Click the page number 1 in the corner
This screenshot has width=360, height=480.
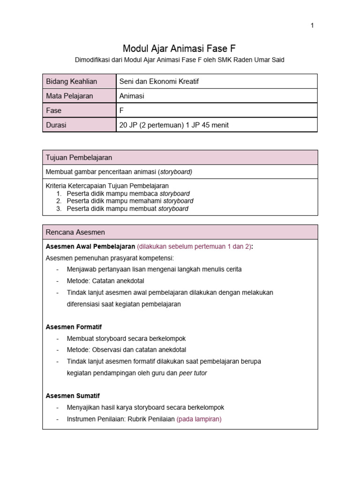[312, 26]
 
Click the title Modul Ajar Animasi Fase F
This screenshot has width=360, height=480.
[180, 48]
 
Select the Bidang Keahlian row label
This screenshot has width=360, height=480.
[71, 82]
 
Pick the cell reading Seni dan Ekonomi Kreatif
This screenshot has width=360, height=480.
[159, 82]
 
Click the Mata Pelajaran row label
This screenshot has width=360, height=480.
[69, 96]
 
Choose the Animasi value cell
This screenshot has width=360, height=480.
[132, 96]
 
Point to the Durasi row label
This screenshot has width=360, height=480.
[56, 125]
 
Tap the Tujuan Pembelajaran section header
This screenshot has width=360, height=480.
[79, 157]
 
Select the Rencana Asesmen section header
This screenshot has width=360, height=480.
[75, 232]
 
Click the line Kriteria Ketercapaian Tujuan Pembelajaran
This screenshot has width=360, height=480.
[107, 186]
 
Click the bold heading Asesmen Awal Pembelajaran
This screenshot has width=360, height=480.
[90, 247]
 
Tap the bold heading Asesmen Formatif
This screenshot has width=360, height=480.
[74, 327]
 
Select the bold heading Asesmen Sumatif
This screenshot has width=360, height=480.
[73, 396]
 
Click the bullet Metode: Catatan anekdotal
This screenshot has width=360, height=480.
[105, 281]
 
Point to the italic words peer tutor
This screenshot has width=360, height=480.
[193, 373]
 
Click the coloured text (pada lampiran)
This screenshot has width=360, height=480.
[199, 419]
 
